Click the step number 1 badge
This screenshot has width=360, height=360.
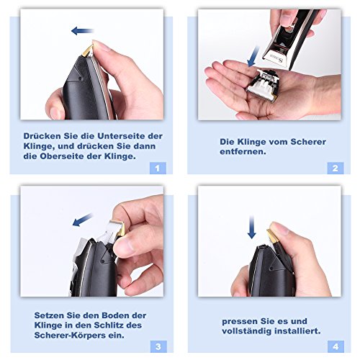pyautogui.click(x=158, y=168)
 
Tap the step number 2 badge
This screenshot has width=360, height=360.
pyautogui.click(x=336, y=168)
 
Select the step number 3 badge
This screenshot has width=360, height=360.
pyautogui.click(x=158, y=346)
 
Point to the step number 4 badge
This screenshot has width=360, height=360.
pyautogui.click(x=336, y=346)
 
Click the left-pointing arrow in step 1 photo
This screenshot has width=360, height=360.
pyautogui.click(x=83, y=31)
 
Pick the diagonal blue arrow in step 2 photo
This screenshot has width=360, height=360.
pyautogui.click(x=253, y=57)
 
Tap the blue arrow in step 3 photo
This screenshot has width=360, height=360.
pyautogui.click(x=82, y=220)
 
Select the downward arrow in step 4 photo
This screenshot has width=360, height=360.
pyautogui.click(x=251, y=227)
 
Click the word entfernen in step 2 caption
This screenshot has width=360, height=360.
pyautogui.click(x=243, y=152)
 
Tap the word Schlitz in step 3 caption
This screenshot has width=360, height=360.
pyautogui.click(x=109, y=325)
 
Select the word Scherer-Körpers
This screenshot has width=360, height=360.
pyautogui.click(x=70, y=336)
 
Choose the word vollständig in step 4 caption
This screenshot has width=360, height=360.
pyautogui.click(x=247, y=331)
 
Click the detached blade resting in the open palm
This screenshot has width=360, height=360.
pyautogui.click(x=264, y=84)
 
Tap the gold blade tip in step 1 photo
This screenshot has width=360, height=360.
pyautogui.click(x=87, y=50)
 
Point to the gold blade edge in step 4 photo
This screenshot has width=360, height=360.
pyautogui.click(x=272, y=235)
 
